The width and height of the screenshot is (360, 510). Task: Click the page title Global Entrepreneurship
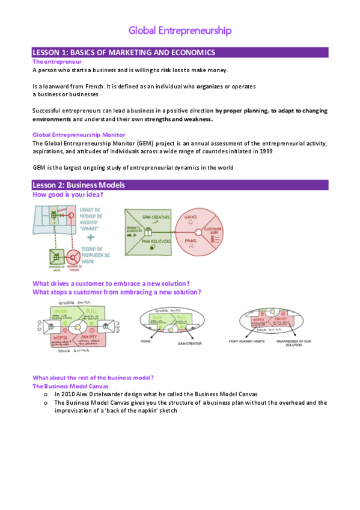pos(180,30)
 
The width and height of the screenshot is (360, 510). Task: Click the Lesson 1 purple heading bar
pos(180,52)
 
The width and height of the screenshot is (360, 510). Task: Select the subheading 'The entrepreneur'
pos(57,61)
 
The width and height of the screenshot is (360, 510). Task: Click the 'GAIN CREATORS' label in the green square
pos(156,217)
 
